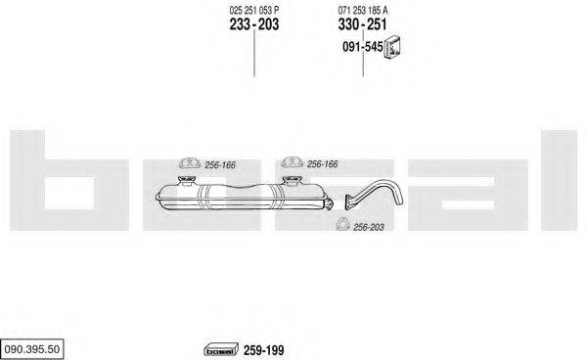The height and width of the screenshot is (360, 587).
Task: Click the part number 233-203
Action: click(x=253, y=24)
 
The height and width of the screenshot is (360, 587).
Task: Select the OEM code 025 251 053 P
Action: click(x=253, y=9)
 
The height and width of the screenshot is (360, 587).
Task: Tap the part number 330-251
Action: click(x=363, y=24)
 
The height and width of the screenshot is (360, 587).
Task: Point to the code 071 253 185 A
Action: click(x=363, y=9)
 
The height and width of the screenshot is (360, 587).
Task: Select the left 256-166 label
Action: click(x=220, y=164)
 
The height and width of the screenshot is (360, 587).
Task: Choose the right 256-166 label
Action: click(x=322, y=164)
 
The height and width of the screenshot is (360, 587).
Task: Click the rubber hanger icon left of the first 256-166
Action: click(x=186, y=163)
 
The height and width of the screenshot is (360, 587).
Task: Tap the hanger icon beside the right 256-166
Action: click(x=291, y=163)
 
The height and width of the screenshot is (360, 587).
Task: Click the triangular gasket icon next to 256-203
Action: click(x=341, y=226)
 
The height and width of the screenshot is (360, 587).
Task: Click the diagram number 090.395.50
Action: click(x=33, y=348)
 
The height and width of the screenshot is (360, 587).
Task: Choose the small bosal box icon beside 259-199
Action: click(x=220, y=349)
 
